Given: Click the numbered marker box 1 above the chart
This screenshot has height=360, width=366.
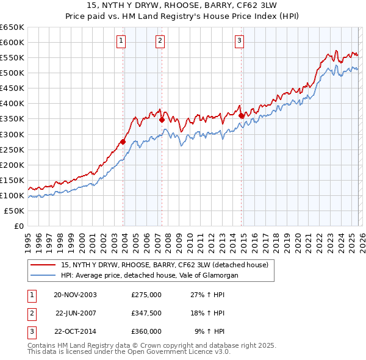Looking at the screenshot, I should click(x=121, y=41).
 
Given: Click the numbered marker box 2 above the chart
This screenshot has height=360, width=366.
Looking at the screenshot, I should click(x=160, y=41).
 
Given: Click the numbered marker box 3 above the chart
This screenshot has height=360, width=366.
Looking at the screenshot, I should click(x=239, y=41).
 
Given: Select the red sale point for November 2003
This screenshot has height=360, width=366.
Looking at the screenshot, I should click(x=123, y=142).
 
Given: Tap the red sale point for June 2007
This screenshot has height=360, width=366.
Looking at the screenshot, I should click(x=162, y=120).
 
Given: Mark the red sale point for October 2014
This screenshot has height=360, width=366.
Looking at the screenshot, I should click(x=242, y=115).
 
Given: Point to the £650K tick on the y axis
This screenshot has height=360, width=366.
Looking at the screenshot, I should click(x=12, y=27).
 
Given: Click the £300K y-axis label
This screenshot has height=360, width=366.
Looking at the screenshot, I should click(x=12, y=134).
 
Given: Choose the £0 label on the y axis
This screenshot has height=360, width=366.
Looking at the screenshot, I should click(x=18, y=226).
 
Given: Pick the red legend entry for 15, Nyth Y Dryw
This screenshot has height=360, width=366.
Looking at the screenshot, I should click(x=168, y=265).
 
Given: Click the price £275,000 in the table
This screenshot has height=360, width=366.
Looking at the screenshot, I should click(x=146, y=295).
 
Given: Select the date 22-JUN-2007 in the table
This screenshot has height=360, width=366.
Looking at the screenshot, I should click(x=76, y=313).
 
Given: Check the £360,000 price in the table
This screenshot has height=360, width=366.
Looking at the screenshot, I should click(x=146, y=331).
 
